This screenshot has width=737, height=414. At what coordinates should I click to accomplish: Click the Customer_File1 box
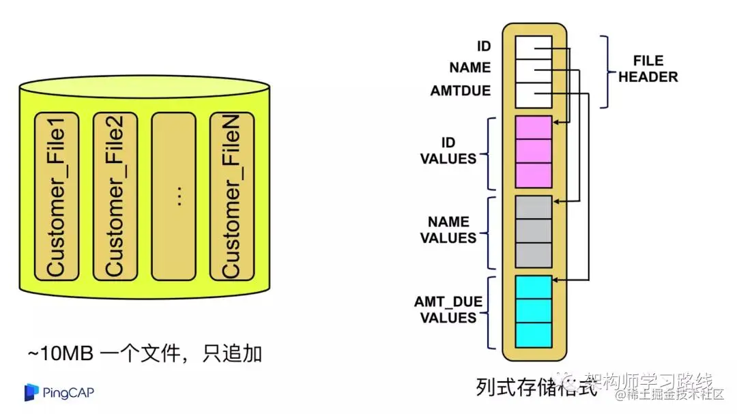(57, 196)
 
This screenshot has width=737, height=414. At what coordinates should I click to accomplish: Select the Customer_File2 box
(115, 196)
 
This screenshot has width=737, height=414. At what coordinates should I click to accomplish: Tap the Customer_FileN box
(231, 196)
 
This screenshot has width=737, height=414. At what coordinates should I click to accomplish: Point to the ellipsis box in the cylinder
(173, 196)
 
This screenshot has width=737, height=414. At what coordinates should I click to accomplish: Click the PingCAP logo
(59, 391)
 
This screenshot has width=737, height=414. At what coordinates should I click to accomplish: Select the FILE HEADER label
(648, 69)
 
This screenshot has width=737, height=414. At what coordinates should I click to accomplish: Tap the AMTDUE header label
(461, 91)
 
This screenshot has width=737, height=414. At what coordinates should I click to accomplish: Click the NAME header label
(470, 68)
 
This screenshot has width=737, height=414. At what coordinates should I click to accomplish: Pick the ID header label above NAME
(484, 46)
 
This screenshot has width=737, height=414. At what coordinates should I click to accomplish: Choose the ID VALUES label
(448, 151)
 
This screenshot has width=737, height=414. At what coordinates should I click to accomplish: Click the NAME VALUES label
(448, 230)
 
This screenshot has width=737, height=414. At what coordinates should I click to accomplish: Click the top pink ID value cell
(533, 128)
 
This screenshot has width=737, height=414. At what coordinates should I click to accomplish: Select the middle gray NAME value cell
(533, 231)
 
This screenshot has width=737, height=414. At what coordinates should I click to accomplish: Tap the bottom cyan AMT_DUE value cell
(533, 334)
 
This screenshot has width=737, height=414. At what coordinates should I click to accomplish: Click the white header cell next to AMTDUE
(533, 95)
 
